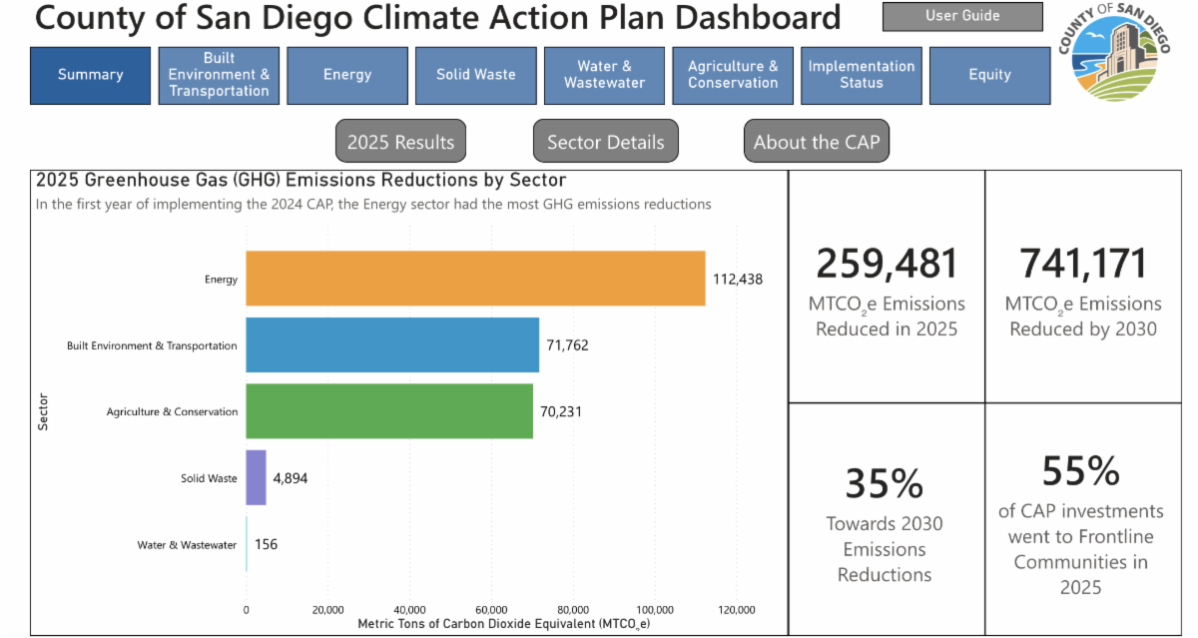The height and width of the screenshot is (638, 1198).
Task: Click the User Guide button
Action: (x=962, y=16)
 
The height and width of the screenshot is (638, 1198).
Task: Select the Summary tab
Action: (x=91, y=76)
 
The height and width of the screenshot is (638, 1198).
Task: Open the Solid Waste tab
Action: (x=476, y=76)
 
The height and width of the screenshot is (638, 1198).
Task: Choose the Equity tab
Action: (x=990, y=76)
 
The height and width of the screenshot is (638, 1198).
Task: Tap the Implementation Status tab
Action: (x=861, y=76)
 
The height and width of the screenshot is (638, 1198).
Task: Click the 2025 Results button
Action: (x=400, y=141)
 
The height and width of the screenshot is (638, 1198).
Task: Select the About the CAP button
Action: (x=817, y=141)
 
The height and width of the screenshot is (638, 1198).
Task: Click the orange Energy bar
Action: (x=475, y=279)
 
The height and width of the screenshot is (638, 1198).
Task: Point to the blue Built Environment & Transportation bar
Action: (x=392, y=344)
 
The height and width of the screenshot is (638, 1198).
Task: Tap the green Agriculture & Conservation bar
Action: (x=389, y=411)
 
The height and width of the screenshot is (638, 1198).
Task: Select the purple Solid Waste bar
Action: (x=257, y=477)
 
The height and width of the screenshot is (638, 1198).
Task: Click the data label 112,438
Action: (x=738, y=280)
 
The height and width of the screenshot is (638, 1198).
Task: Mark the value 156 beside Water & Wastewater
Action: (x=266, y=544)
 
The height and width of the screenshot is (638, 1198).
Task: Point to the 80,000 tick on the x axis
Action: (x=573, y=610)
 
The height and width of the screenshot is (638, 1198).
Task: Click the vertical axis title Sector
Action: (x=43, y=411)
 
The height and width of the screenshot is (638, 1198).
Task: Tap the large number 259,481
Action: (x=887, y=264)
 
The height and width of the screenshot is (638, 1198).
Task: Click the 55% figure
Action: (x=1081, y=471)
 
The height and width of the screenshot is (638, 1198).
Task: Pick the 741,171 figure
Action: (x=1083, y=264)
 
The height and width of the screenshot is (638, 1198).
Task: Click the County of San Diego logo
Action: (x=1114, y=52)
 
